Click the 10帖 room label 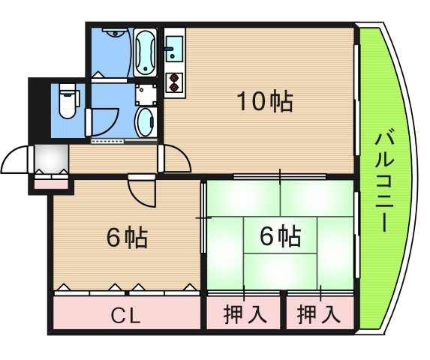[x=265, y=102]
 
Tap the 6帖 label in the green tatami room [x=280, y=237]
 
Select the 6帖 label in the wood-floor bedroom [x=126, y=238]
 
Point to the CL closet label [x=128, y=316]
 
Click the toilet [x=66, y=103]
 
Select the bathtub [x=145, y=52]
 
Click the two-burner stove [x=175, y=81]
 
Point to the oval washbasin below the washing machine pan [x=146, y=120]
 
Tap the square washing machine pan [x=146, y=93]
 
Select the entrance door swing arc [x=17, y=158]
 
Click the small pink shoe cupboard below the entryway [x=50, y=181]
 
